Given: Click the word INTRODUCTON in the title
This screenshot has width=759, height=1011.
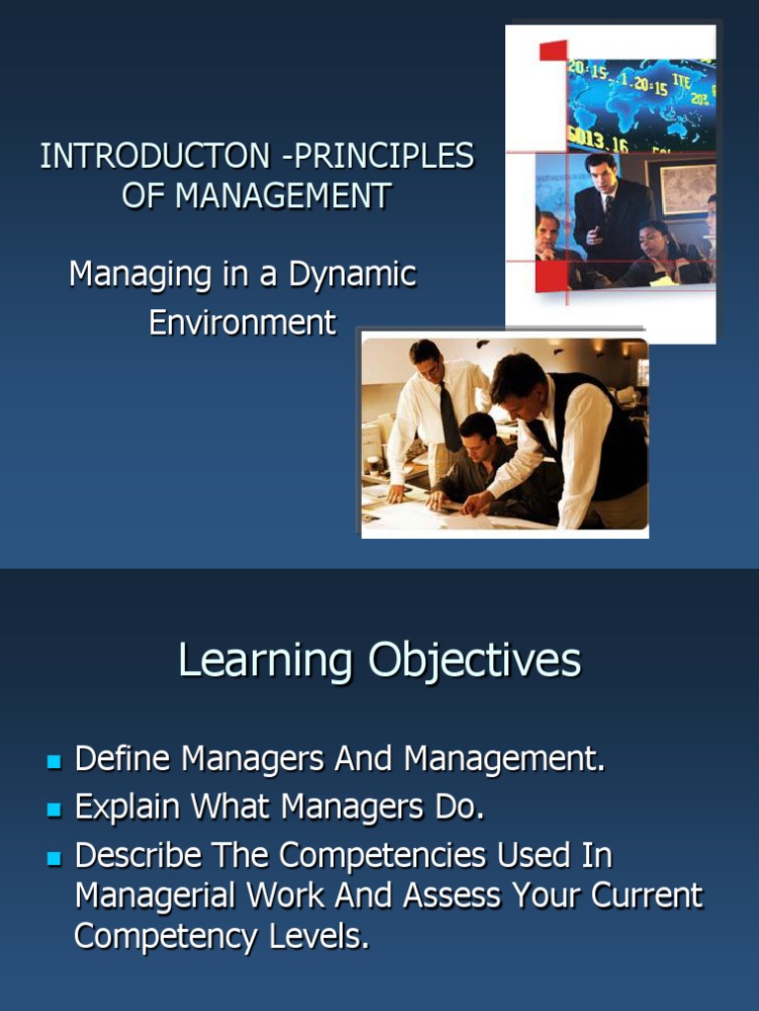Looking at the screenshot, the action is click(x=155, y=156).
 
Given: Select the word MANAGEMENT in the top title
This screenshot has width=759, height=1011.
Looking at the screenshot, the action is click(x=284, y=195).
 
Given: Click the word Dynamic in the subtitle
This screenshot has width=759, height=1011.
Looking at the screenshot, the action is click(x=353, y=275).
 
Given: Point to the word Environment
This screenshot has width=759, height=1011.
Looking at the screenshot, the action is click(x=243, y=322).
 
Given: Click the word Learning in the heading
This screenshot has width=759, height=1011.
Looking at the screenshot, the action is click(x=265, y=661).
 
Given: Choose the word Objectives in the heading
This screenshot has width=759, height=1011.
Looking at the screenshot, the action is click(x=475, y=661).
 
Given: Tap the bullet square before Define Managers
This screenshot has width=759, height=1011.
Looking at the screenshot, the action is click(x=54, y=762).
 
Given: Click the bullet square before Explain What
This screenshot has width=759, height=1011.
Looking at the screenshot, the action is click(x=54, y=810).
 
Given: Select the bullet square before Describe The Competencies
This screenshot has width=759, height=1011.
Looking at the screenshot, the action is click(x=54, y=859).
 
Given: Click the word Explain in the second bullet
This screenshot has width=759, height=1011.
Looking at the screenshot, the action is click(x=127, y=808).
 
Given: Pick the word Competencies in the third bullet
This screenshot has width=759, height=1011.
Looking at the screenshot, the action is click(x=382, y=856).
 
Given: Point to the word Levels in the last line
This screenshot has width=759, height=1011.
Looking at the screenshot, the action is click(x=319, y=936).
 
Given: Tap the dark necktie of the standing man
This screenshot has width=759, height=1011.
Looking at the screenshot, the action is click(x=450, y=417).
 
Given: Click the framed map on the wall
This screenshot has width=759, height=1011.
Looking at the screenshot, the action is click(x=687, y=189).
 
